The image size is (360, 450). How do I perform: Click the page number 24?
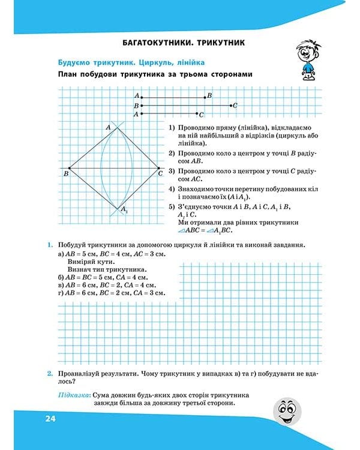49,418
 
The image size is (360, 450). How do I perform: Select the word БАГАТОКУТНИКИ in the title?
154,43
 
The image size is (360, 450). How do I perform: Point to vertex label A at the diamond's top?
109,127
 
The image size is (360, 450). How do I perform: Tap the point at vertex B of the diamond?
70,168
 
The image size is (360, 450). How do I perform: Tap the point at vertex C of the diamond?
159,168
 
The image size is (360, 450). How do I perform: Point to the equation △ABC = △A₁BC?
208,230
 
